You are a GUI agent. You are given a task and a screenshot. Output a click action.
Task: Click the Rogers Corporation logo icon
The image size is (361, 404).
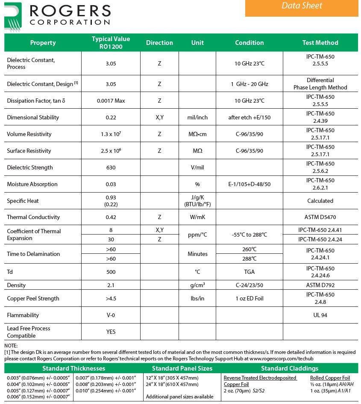13,16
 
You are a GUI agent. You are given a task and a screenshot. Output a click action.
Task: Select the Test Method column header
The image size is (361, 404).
320,43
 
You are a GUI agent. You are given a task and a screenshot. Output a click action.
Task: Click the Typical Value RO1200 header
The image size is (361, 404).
111,43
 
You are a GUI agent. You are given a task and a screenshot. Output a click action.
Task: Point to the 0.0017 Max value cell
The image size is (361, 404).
111,101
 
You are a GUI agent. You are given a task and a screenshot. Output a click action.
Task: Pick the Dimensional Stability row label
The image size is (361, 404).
33,118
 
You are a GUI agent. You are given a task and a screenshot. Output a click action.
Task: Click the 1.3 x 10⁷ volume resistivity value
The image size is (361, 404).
111,134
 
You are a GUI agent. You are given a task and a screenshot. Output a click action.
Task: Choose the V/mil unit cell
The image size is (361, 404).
197,167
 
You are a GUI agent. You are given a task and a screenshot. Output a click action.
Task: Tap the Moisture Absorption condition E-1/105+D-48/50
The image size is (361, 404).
249,184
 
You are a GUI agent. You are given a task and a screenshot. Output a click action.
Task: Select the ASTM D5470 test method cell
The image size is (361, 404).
320,217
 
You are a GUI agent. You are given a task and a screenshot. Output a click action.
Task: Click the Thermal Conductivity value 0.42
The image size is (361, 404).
111,217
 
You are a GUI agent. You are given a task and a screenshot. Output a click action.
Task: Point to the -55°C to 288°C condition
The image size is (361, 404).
249,235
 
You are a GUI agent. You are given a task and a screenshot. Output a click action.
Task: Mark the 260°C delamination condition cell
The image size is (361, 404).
249,250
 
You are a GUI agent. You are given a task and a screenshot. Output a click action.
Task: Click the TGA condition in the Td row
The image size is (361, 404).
249,272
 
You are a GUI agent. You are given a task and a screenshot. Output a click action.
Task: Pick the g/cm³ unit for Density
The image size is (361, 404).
197,285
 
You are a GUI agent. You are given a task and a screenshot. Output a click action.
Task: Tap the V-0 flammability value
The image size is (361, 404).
111,315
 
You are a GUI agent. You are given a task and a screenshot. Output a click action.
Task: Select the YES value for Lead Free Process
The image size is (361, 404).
111,332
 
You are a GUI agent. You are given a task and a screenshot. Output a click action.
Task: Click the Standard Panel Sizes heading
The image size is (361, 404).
182,368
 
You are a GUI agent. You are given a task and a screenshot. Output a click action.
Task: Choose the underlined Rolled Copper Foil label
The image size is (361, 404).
330,378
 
